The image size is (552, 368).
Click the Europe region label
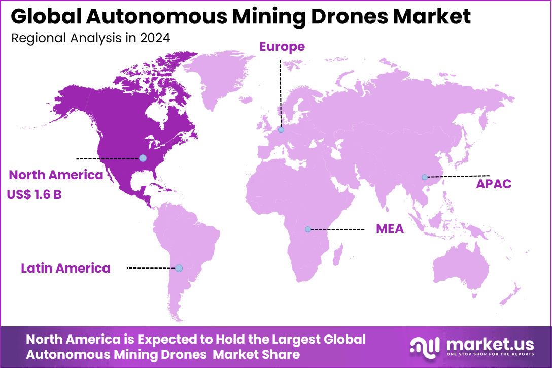282,47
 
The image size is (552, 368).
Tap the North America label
56,175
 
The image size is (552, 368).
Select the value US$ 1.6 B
34,194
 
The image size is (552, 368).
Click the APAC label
493,184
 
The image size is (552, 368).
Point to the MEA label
390,229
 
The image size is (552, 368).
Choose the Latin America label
65,268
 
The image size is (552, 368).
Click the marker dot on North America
143,158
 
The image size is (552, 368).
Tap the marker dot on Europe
281,130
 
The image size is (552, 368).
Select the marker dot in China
424,177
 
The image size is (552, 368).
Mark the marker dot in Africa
307,229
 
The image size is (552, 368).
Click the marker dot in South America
179,268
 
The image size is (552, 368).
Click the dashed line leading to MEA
337,229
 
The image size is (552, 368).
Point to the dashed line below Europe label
280,91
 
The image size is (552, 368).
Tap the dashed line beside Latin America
151,268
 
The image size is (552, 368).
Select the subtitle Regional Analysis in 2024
90,38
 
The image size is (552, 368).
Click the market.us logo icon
425,346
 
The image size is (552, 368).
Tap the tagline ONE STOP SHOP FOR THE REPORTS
490,354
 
